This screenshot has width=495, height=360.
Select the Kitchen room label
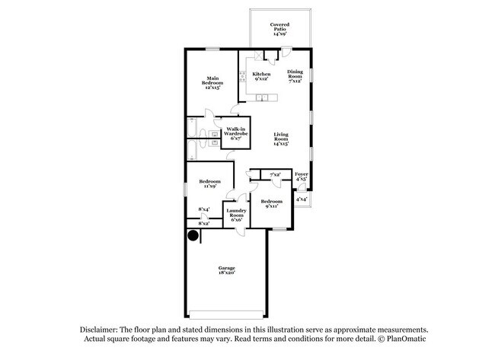(261, 74)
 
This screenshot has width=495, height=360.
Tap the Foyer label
(302, 174)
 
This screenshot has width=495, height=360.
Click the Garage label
(227, 268)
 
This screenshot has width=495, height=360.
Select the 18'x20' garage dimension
(227, 272)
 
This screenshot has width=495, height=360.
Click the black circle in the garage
(193, 235)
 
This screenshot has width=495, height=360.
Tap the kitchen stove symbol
(242, 77)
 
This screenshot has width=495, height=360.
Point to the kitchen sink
(262, 98)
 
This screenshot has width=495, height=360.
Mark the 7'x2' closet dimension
(275, 174)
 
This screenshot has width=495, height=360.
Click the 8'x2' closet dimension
(204, 224)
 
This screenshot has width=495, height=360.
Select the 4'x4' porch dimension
(302, 199)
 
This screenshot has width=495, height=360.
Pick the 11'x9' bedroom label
(210, 186)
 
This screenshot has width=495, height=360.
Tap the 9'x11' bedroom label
(272, 206)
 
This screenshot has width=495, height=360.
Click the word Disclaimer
(99, 330)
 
